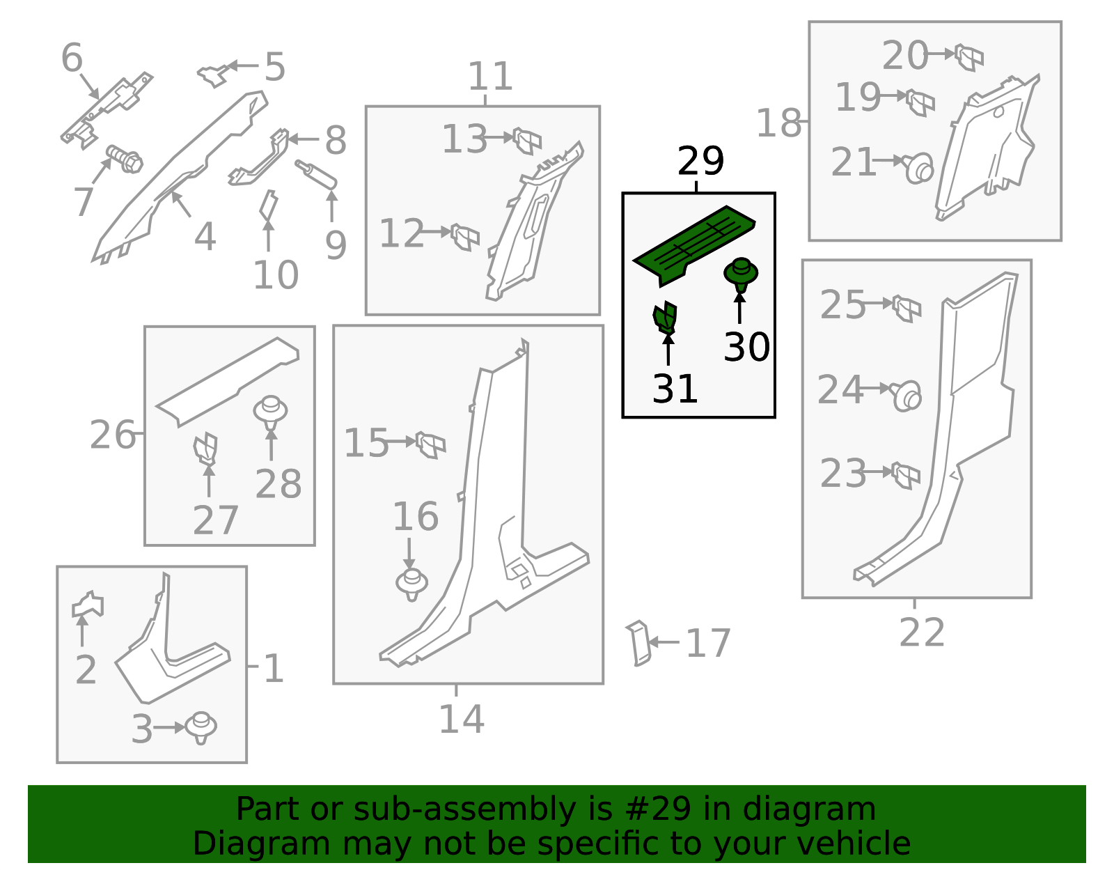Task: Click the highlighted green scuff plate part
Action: coord(693,244)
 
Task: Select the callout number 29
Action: coord(700,162)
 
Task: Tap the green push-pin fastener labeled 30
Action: coord(741,274)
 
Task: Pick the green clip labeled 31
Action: coord(665,318)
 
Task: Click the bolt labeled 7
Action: coord(125,160)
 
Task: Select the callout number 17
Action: coord(707,643)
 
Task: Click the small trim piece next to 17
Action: coord(638,642)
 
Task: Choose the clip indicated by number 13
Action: coord(527,140)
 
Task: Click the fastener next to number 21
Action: coord(918,168)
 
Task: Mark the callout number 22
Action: coord(921,632)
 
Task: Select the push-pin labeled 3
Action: coord(201,727)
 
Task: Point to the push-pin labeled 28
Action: coord(270,411)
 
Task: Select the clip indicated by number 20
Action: coord(968,56)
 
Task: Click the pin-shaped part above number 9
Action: coord(316,174)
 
